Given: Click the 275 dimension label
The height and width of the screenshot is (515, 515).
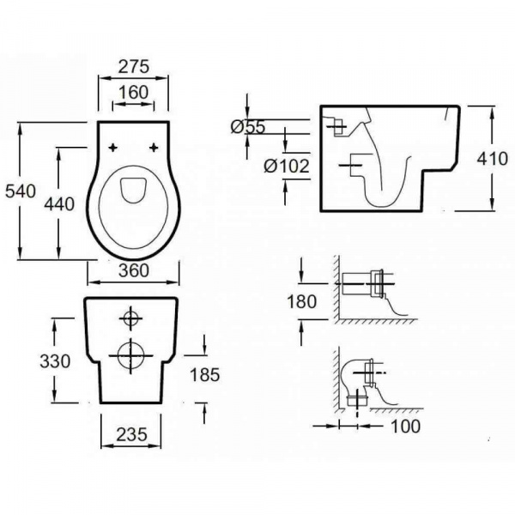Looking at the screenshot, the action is [134, 67].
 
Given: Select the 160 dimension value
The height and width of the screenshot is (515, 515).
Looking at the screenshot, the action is [134, 93].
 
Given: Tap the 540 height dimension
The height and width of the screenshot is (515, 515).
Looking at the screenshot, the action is [20, 191].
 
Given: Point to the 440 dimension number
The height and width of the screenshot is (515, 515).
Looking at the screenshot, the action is [59, 204].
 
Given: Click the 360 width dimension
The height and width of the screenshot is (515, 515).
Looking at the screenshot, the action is [134, 270].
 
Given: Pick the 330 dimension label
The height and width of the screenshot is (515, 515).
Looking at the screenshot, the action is [55, 361].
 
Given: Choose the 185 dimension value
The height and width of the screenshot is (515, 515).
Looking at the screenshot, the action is [205, 375].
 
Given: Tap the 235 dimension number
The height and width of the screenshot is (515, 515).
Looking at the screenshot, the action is [131, 435].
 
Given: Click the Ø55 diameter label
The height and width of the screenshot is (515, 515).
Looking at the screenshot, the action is [248, 127].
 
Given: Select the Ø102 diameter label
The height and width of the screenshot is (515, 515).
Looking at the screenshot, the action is [287, 167].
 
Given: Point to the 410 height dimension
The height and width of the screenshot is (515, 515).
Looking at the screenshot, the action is [493, 159].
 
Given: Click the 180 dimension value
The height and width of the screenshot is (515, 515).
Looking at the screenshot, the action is [302, 301].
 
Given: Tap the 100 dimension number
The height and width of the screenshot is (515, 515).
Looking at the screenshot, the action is [406, 427].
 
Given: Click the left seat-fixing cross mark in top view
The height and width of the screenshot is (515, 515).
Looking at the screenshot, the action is [112, 148].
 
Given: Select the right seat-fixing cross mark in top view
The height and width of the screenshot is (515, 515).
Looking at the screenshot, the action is [154, 148].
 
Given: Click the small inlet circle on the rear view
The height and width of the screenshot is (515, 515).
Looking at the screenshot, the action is [130, 318].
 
